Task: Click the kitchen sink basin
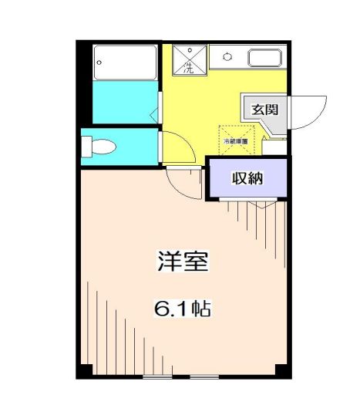pyautogui.click(x=264, y=58)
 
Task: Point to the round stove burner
pyautogui.click(x=228, y=56)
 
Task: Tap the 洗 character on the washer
pyautogui.click(x=187, y=67)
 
